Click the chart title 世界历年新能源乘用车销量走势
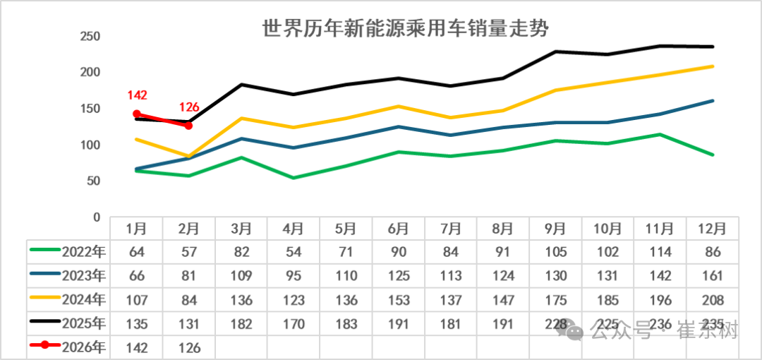point(406,28)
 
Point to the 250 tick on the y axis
point(91,37)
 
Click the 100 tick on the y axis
point(91,145)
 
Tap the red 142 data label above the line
point(137,95)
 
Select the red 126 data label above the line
point(188,108)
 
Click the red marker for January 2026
point(137,114)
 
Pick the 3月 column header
point(241,229)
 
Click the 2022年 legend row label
point(83,252)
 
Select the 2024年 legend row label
point(83,300)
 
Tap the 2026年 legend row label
point(83,347)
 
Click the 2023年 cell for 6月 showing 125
point(399,276)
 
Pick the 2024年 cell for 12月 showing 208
point(713,300)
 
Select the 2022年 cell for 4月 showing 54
point(294,252)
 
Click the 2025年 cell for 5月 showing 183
point(346,324)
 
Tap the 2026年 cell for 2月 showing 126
point(189,347)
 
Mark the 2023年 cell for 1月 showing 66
point(137,276)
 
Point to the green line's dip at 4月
point(294,178)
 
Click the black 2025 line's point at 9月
point(556,52)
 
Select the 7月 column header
point(451,229)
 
